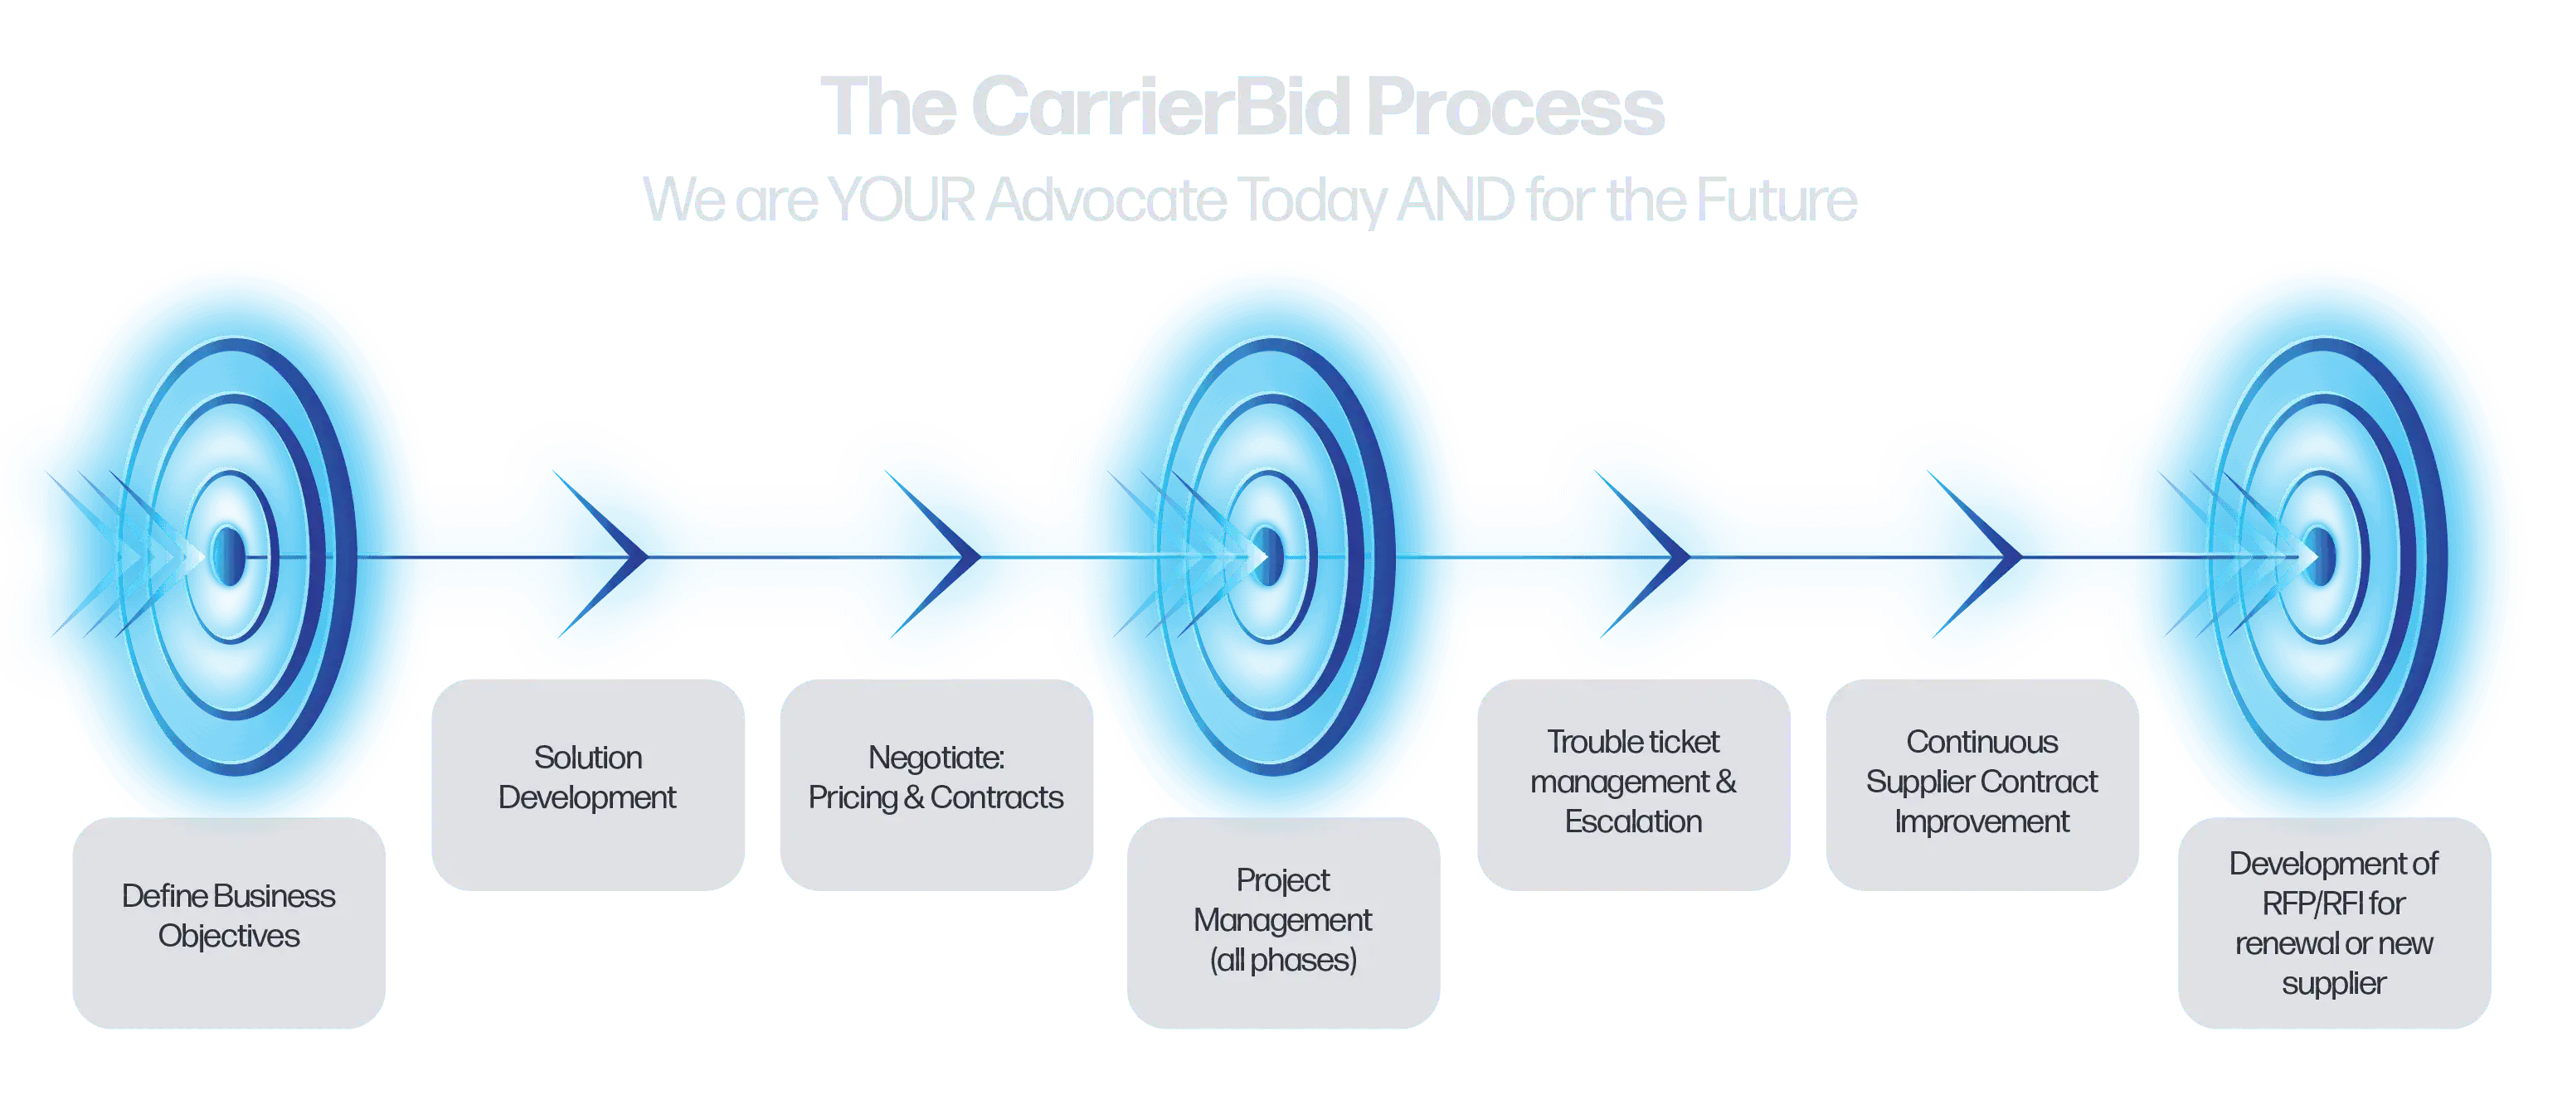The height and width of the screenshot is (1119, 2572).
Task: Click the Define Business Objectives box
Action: [x=229, y=923]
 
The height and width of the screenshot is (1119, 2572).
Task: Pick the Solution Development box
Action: [x=588, y=785]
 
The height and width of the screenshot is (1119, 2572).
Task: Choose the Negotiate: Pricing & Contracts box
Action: [x=936, y=785]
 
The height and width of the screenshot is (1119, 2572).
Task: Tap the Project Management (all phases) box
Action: [x=1283, y=923]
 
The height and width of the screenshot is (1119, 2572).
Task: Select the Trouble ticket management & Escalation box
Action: [x=1633, y=785]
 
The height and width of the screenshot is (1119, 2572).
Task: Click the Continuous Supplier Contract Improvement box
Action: [x=1982, y=785]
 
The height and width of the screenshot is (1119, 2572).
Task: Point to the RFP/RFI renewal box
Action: [x=2334, y=923]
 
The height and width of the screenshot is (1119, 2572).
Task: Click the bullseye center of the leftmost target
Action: [x=229, y=555]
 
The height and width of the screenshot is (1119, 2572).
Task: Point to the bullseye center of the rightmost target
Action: [x=2322, y=555]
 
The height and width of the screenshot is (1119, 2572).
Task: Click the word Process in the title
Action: [x=1515, y=107]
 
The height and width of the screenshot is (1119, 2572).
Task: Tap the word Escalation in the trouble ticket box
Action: [x=1633, y=821]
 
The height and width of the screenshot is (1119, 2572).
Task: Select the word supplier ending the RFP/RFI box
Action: [x=2334, y=984]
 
